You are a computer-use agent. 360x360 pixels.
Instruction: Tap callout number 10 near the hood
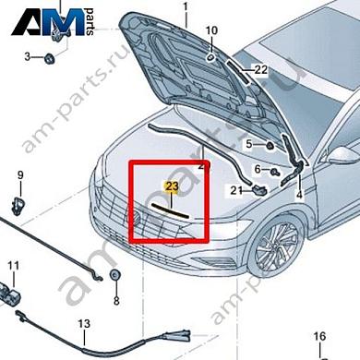click(211, 30)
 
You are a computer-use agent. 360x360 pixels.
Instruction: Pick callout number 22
click(260, 69)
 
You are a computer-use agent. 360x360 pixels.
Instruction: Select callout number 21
click(236, 190)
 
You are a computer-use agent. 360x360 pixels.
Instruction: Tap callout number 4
click(299, 196)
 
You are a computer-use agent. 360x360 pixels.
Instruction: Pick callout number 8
click(115, 301)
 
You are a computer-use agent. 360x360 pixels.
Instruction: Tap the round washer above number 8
click(114, 275)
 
